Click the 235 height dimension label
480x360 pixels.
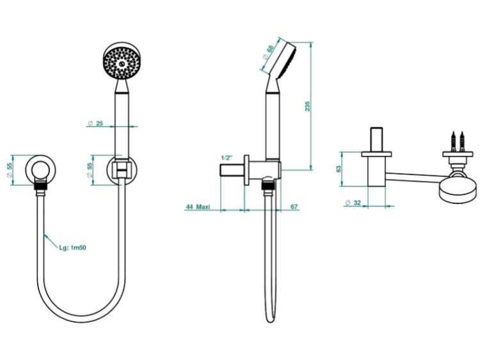[x=307, y=106]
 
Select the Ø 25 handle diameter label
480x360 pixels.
[x=96, y=123]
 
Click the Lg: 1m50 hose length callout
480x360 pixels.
[x=72, y=247]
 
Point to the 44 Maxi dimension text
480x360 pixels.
[x=198, y=207]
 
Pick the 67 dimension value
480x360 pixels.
[x=294, y=207]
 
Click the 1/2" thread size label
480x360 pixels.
[x=227, y=158]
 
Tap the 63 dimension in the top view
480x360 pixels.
[x=339, y=169]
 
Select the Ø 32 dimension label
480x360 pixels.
[x=353, y=203]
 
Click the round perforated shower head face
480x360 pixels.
[x=122, y=63]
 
